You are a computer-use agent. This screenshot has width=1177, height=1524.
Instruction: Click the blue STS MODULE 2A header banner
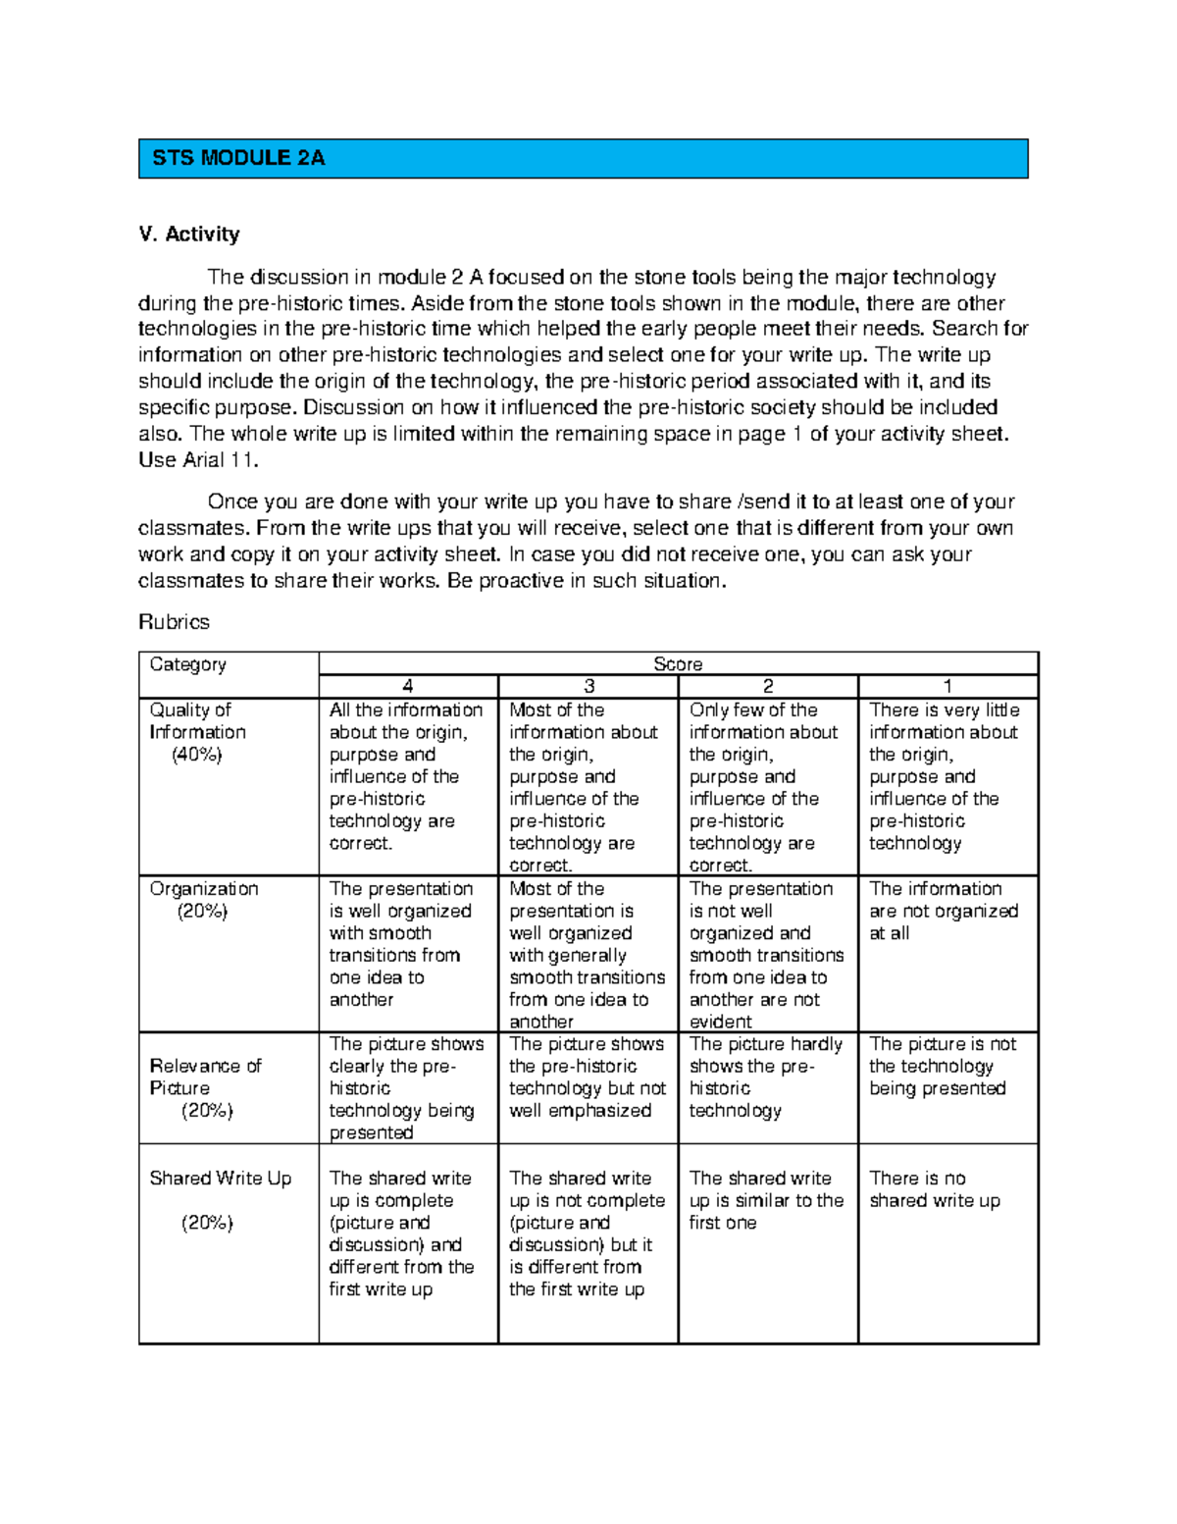(583, 158)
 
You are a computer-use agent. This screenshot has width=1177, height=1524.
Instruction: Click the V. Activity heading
(189, 234)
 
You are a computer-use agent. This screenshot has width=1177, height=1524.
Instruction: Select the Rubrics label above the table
(174, 622)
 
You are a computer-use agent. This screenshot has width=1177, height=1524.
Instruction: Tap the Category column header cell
(188, 664)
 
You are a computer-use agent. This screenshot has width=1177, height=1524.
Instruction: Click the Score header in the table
(678, 664)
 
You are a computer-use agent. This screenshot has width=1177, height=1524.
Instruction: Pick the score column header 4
(408, 687)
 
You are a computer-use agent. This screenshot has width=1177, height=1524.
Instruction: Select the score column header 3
(588, 687)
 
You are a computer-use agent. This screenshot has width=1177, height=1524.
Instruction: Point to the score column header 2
(768, 687)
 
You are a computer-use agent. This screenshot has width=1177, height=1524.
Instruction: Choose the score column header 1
(947, 687)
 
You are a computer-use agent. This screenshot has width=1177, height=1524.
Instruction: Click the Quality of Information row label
(197, 721)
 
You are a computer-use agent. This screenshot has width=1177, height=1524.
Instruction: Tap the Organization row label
(204, 889)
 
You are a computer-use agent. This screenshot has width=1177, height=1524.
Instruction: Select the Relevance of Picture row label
(205, 1077)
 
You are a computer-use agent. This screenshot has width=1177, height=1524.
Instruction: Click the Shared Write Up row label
(221, 1179)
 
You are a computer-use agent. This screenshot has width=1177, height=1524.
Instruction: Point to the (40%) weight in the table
(197, 755)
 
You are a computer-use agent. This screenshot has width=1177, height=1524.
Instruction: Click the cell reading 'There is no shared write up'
(935, 1189)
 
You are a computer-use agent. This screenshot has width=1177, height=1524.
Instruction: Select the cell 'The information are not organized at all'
(944, 911)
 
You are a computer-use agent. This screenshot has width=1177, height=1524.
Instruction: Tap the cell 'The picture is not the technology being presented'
(943, 1067)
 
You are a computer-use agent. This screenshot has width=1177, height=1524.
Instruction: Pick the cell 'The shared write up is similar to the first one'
(766, 1200)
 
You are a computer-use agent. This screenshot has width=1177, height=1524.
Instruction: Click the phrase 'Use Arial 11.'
(199, 460)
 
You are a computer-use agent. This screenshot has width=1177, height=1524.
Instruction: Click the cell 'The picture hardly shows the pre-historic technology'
(766, 1077)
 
